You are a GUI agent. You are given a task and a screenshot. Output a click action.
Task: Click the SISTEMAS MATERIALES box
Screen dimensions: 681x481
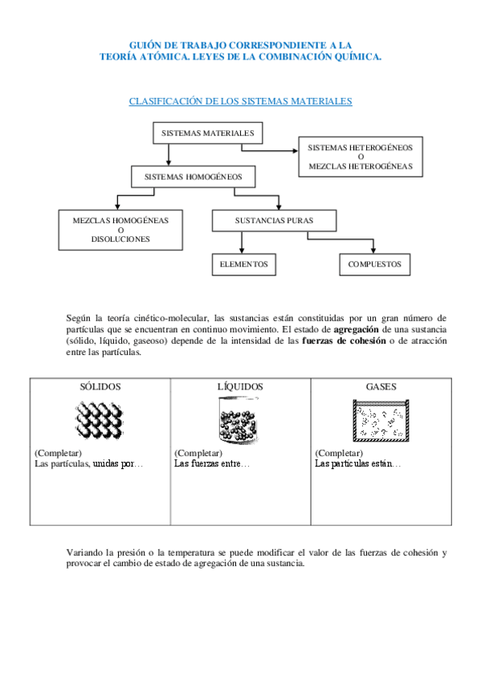click(207, 133)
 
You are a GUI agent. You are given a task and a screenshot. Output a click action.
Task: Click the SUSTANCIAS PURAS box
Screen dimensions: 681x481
click(274, 220)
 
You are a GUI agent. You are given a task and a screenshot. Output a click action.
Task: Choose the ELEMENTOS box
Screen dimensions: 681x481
click(243, 264)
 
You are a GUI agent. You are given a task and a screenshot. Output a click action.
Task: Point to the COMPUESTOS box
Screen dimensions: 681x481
click(374, 264)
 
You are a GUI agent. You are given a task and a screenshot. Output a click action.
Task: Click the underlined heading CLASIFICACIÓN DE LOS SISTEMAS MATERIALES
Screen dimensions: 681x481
click(240, 102)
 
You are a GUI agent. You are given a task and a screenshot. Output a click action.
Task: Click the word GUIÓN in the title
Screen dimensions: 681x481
click(148, 46)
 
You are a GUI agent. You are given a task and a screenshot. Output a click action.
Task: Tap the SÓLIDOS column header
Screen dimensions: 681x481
click(100, 386)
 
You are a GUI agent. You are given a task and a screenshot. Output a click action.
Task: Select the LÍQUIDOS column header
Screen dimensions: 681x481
click(240, 386)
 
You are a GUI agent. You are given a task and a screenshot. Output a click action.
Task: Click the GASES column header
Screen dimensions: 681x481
click(381, 386)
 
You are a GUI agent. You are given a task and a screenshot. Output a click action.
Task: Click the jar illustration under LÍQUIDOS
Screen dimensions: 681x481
click(239, 422)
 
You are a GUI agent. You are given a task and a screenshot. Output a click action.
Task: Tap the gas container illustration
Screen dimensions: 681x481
click(381, 421)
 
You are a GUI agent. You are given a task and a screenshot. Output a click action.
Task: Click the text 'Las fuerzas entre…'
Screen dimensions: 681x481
click(212, 464)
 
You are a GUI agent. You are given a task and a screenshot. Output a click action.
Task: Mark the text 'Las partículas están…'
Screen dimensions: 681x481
click(358, 464)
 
